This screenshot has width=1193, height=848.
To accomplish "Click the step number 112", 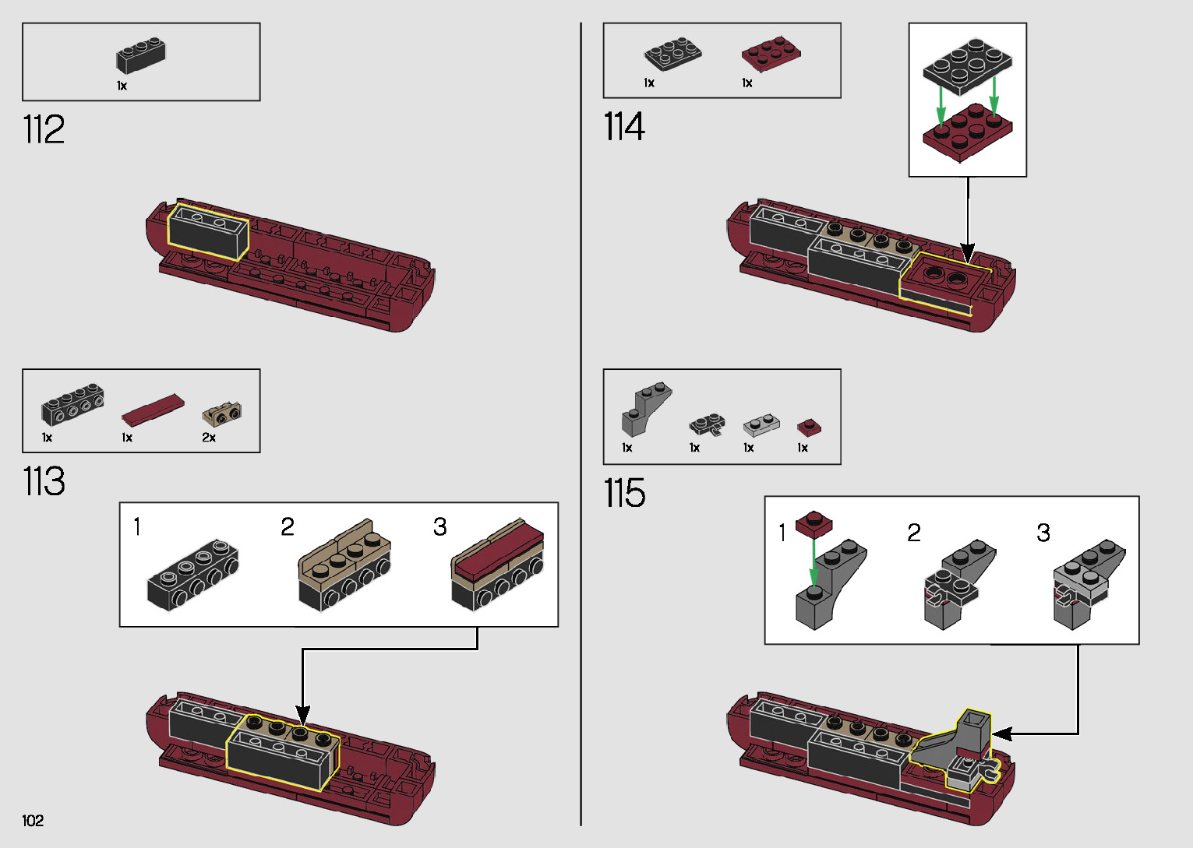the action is [44, 129].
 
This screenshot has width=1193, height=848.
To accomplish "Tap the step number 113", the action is [44, 481].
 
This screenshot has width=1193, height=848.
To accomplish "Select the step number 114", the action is [624, 127].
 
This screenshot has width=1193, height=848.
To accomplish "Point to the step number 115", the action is [624, 493].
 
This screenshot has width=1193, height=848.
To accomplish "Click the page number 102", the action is [33, 820].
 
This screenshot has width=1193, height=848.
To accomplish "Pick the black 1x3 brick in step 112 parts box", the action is [141, 55].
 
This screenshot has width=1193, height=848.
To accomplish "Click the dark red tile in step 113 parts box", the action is [153, 410].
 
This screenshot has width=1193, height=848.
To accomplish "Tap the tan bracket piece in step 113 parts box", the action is [222, 414].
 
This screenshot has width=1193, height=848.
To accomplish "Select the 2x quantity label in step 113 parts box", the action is [209, 438].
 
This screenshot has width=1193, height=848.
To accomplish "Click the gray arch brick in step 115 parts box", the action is [646, 410].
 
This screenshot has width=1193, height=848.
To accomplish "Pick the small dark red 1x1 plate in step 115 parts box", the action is [809, 428].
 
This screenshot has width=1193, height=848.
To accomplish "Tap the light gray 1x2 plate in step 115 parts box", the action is [761, 425].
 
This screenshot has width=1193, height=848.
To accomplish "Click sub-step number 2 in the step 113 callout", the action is [288, 527].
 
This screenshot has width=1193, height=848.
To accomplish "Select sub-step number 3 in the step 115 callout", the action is [1043, 533].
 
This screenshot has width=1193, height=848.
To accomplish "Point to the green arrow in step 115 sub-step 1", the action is [814, 564].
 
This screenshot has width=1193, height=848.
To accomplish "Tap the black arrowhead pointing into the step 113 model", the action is [302, 715].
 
